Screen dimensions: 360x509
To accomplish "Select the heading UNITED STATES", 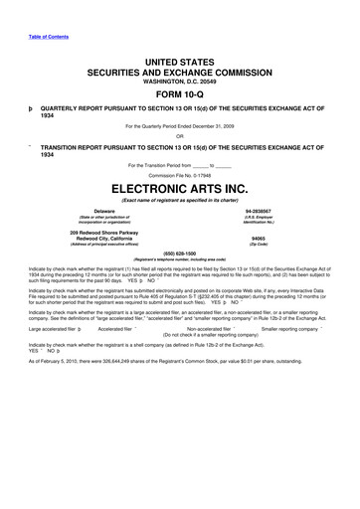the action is pyautogui.click(x=179, y=62).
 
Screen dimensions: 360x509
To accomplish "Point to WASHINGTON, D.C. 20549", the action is pyautogui.click(x=179, y=83).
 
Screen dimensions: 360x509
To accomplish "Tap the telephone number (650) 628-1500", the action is pyautogui.click(x=179, y=254).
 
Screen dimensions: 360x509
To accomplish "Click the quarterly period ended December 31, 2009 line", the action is pyautogui.click(x=179, y=126).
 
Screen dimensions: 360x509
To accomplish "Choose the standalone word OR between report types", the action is pyautogui.click(x=179, y=136).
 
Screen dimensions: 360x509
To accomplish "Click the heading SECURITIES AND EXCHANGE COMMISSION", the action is pyautogui.click(x=179, y=74).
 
